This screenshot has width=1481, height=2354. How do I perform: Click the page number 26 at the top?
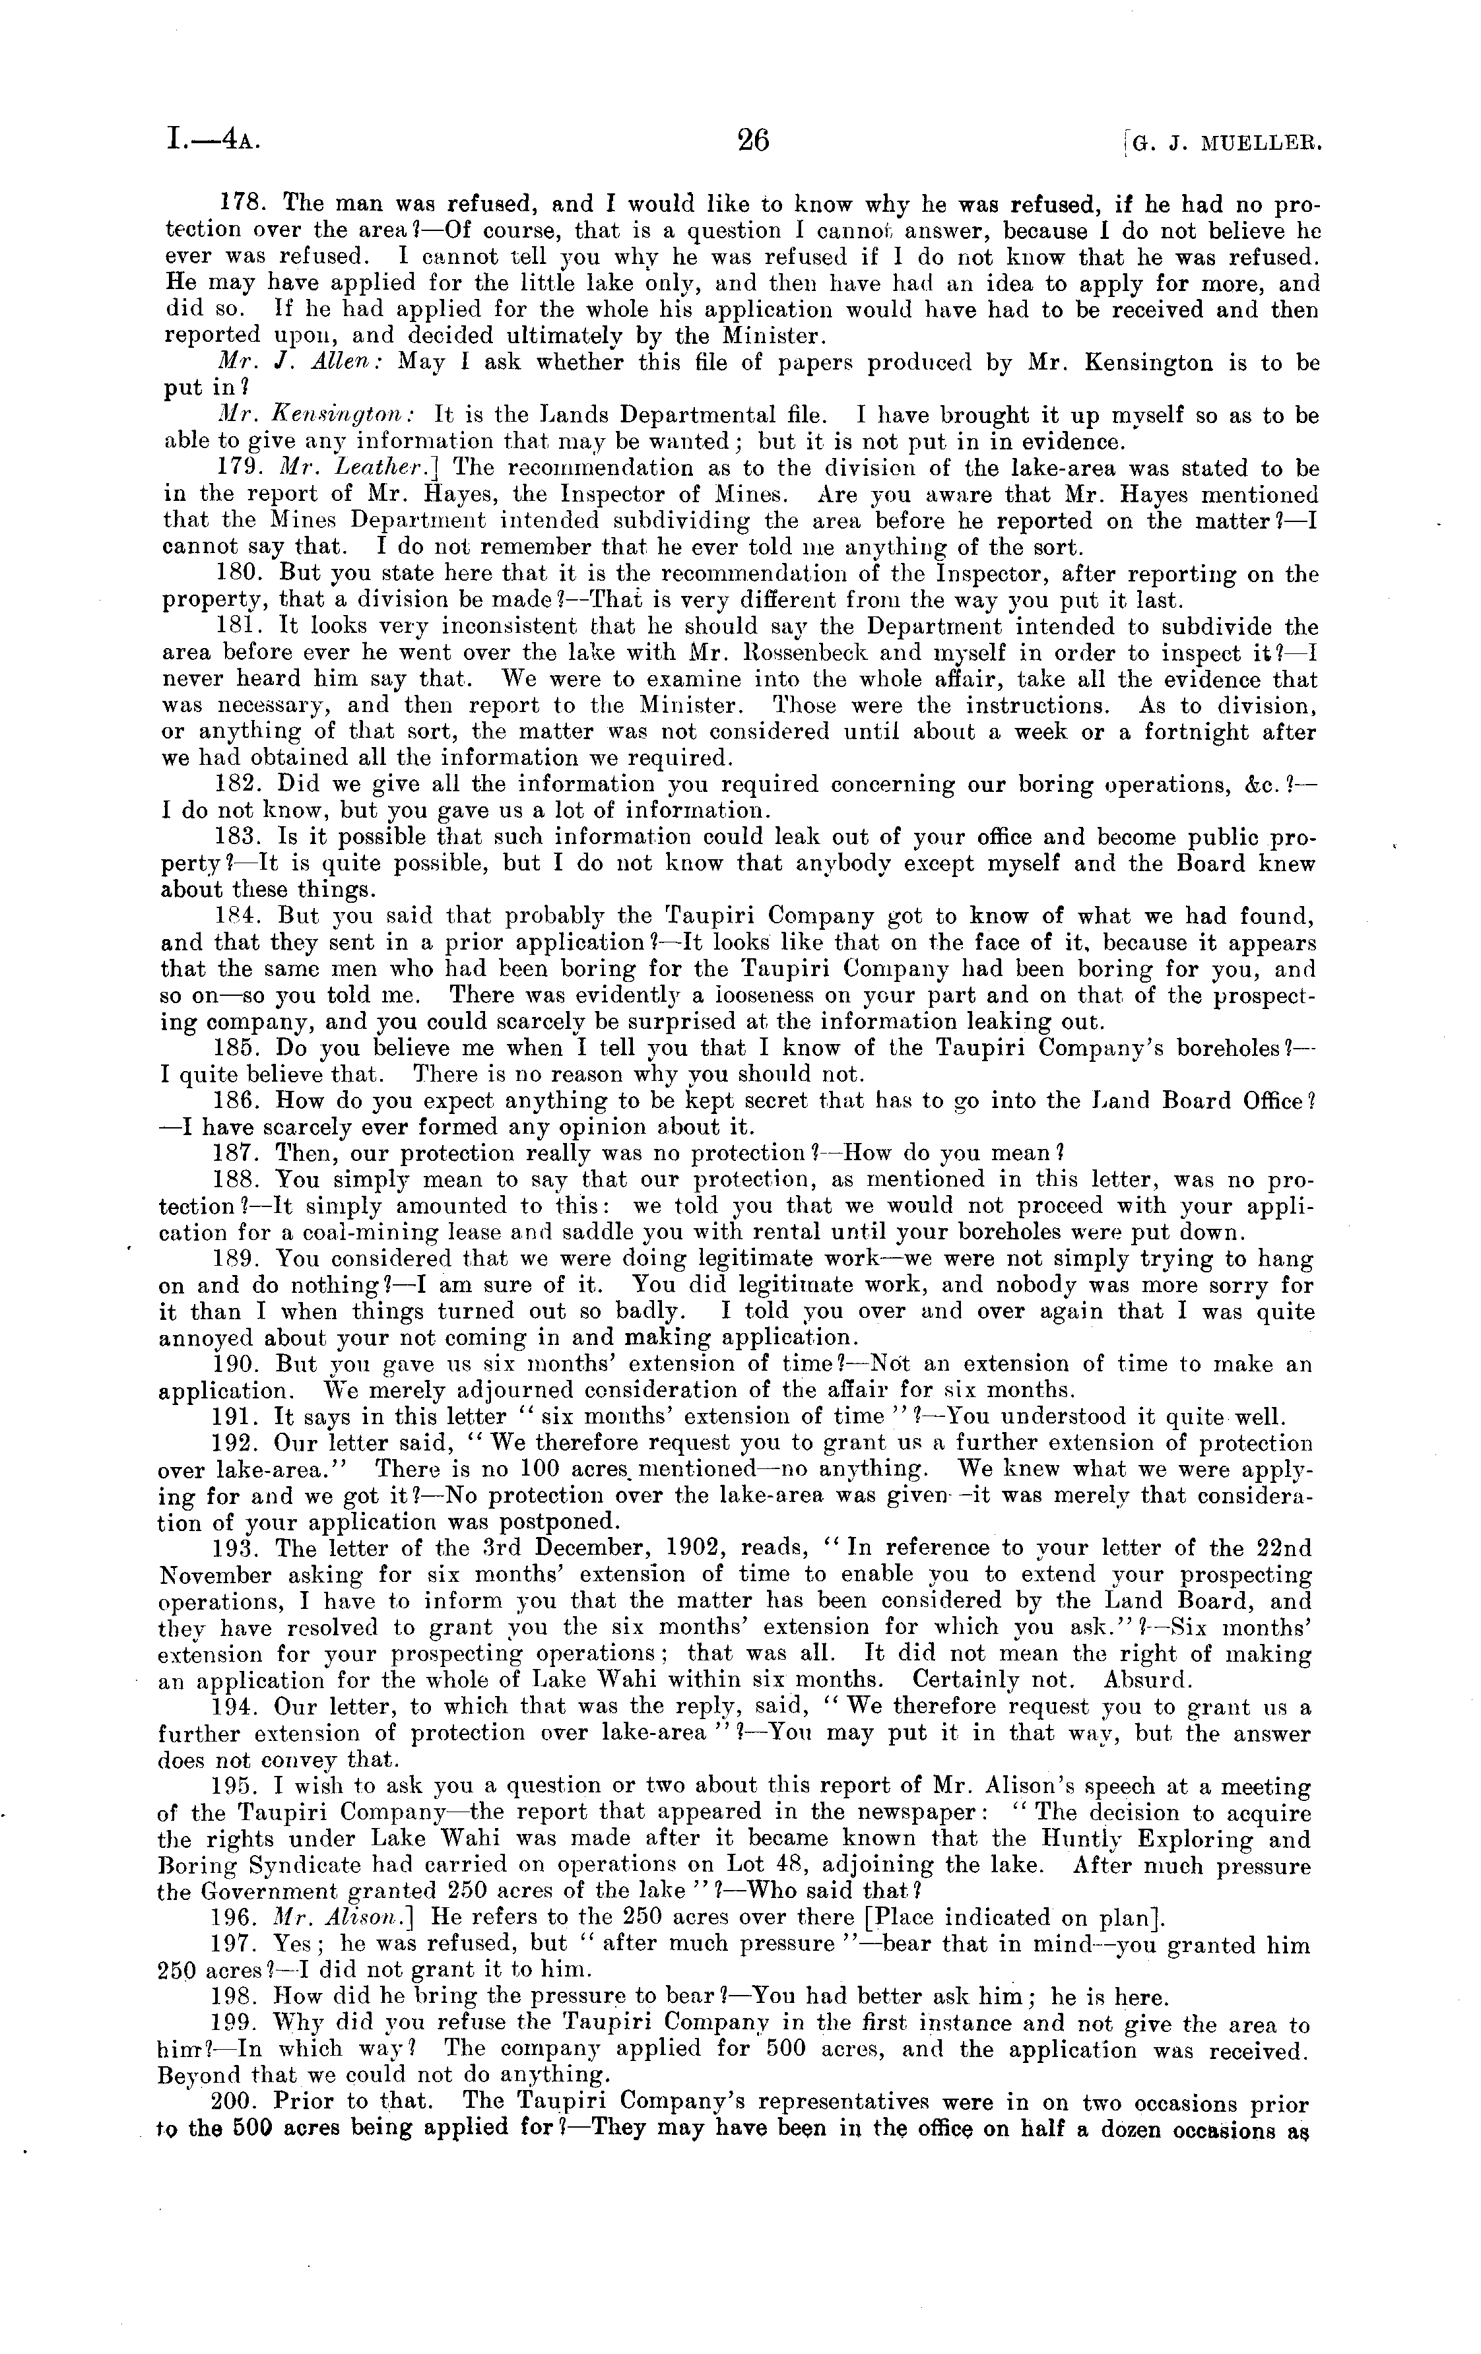(x=753, y=142)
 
